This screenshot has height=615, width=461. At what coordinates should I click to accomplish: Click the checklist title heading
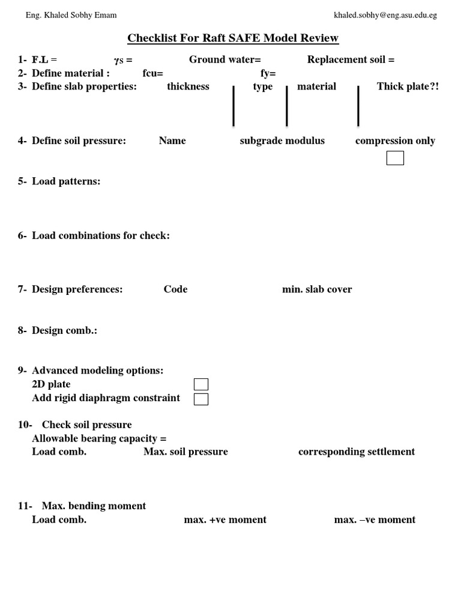tap(233, 38)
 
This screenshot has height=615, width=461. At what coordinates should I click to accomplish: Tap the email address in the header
tap(385, 14)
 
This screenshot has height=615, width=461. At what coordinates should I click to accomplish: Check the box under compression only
tap(395, 158)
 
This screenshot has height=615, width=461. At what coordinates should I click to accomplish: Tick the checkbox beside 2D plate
tap(201, 384)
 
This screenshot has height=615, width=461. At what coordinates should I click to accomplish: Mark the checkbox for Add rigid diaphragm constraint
tap(201, 399)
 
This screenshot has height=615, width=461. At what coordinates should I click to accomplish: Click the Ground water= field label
tap(225, 59)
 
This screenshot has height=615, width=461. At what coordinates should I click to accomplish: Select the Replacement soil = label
tap(351, 59)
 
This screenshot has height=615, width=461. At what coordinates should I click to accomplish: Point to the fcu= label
tap(153, 73)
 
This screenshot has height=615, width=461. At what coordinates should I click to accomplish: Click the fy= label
tap(268, 73)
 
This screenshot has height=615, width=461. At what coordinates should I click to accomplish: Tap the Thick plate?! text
tap(408, 86)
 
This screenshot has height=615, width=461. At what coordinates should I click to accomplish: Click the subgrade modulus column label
tap(282, 141)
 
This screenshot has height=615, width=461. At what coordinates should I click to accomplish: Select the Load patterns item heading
tap(66, 181)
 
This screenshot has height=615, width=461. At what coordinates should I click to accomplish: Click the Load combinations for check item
tap(100, 235)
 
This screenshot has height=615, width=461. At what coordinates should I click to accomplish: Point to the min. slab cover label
tap(317, 289)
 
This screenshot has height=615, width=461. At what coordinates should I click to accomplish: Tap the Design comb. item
tap(64, 330)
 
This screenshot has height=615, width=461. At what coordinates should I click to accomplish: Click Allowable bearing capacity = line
tap(99, 438)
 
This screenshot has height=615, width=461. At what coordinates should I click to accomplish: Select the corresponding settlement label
tap(357, 452)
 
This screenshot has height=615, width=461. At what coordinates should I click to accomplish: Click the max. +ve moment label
tap(225, 520)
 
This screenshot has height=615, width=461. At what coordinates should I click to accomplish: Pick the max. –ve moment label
tap(375, 520)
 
